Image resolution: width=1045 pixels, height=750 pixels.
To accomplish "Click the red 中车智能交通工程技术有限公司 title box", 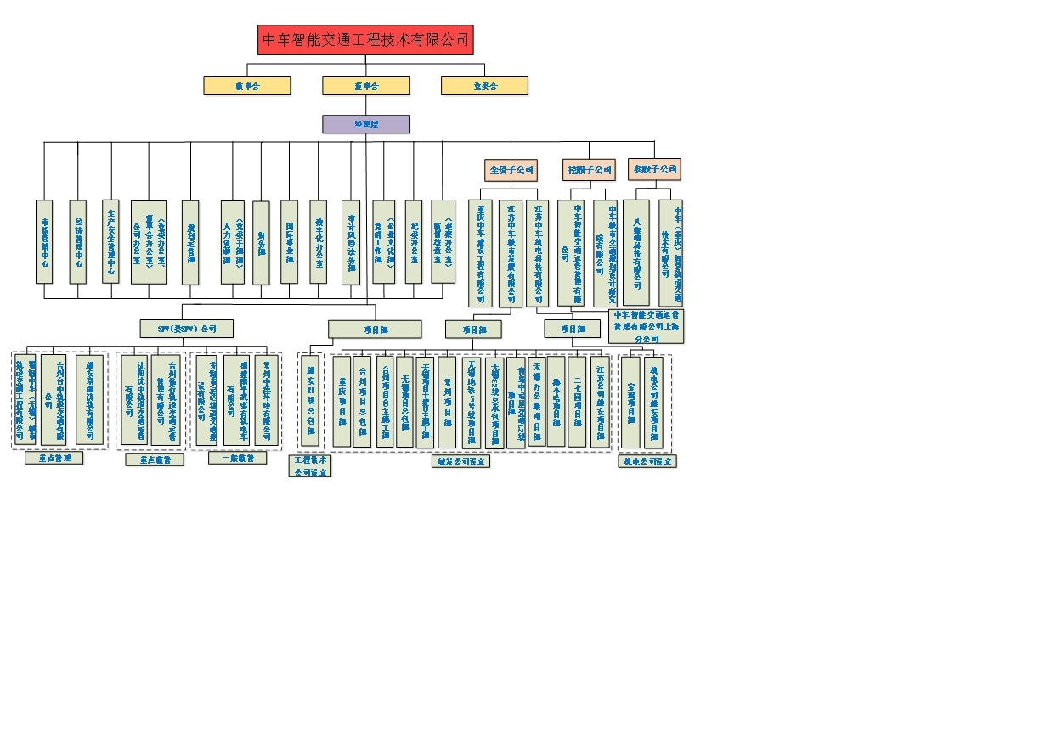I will click(x=365, y=40).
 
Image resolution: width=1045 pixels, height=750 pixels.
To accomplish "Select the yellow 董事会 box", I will click(x=365, y=86).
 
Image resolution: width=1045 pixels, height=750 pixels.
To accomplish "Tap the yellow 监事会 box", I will click(x=484, y=86).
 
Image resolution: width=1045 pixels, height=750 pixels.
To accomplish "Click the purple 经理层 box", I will click(x=365, y=124).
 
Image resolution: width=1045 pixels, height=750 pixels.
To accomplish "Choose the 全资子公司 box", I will click(x=511, y=170).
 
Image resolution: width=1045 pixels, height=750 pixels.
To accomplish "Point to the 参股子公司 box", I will click(x=655, y=169).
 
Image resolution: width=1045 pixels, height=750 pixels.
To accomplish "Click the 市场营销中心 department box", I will click(x=44, y=241).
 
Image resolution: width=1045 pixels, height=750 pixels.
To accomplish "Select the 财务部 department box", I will click(x=261, y=241).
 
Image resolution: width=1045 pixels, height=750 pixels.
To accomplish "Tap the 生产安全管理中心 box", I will click(x=110, y=241).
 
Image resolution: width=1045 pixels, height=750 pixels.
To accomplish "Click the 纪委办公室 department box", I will click(x=413, y=241).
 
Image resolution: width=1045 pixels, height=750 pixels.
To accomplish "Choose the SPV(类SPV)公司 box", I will click(x=186, y=328).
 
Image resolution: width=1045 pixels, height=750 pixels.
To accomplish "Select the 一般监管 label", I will click(x=237, y=458).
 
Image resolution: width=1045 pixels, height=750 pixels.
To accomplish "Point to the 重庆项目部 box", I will click(x=341, y=401).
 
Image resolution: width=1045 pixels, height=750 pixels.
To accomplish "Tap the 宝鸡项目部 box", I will click(x=630, y=401).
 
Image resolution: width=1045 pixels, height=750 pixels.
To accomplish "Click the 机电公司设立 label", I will click(x=647, y=461).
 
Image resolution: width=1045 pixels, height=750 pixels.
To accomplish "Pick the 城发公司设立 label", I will click(x=460, y=461).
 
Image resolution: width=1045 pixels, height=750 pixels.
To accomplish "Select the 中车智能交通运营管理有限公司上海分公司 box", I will click(x=647, y=326).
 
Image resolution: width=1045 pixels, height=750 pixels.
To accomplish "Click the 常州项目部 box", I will click(x=447, y=401).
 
